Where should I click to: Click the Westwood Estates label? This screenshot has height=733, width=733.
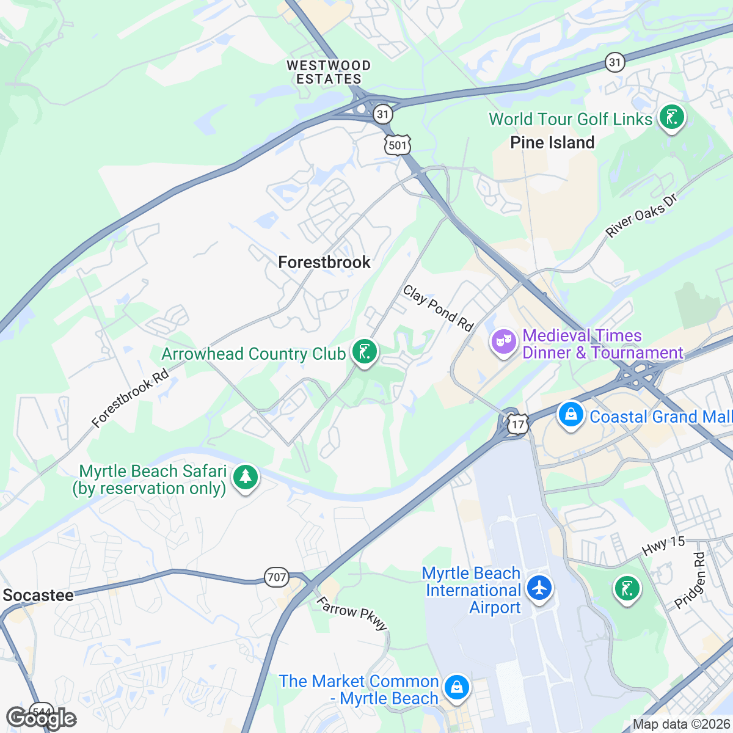tap(329, 72)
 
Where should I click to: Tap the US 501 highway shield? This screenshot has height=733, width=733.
tap(397, 145)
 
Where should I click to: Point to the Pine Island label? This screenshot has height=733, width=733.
tap(552, 142)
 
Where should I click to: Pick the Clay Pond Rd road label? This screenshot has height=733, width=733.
tap(438, 308)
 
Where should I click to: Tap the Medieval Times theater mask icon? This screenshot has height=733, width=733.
tap(503, 342)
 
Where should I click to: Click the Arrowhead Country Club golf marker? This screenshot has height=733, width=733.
tap(364, 352)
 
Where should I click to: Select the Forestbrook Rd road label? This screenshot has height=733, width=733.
tap(129, 397)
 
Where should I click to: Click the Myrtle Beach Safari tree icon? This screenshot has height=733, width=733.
tap(246, 477)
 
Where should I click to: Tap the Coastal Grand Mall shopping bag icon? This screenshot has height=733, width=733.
tap(571, 415)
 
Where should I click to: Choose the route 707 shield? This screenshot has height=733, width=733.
tap(276, 577)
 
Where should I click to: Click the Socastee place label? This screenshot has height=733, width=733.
tap(38, 595)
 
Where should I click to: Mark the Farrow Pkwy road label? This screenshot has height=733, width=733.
tap(352, 614)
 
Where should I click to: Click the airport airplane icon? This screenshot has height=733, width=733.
tap(539, 588)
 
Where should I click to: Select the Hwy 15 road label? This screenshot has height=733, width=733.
tap(663, 545)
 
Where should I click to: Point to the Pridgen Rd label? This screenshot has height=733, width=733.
tap(690, 581)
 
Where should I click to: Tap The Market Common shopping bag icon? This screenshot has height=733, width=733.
tap(456, 687)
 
